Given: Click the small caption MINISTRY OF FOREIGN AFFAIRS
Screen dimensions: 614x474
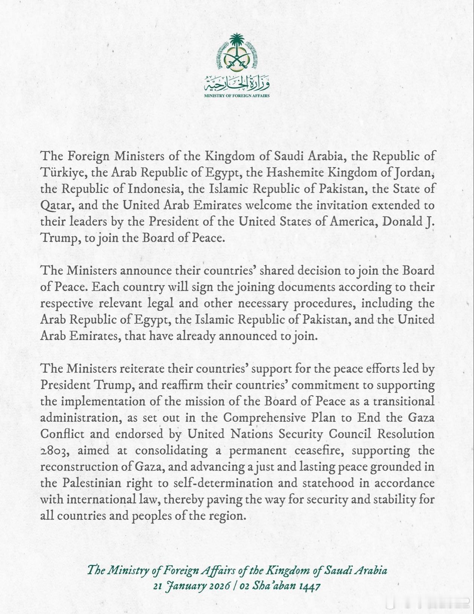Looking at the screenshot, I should tap(237, 96).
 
